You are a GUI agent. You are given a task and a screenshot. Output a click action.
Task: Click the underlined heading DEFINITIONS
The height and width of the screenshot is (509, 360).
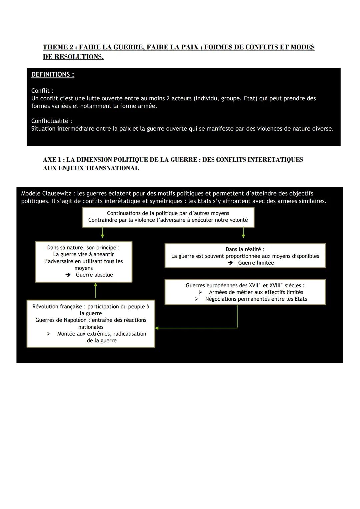(x=53, y=75)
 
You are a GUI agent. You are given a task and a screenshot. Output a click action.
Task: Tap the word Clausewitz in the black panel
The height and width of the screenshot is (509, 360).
(x=58, y=194)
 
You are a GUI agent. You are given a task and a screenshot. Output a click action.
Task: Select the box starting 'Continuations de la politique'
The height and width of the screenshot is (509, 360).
(x=168, y=217)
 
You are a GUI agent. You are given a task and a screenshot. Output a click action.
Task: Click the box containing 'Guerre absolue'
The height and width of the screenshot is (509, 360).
(x=83, y=262)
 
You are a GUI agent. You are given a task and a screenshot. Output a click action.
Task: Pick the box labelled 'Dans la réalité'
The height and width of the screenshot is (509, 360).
(x=245, y=256)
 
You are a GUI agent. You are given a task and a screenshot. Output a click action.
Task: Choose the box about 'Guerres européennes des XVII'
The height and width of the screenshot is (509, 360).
(x=245, y=292)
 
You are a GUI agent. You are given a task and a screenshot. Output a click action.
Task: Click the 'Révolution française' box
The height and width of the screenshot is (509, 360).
(x=91, y=324)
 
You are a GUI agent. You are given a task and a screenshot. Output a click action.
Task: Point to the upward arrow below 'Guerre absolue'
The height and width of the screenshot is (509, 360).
(x=96, y=290)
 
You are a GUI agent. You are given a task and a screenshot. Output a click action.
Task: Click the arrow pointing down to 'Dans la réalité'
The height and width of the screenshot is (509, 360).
(x=243, y=233)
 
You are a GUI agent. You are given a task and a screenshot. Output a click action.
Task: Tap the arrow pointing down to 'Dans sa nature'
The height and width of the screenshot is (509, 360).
(x=102, y=233)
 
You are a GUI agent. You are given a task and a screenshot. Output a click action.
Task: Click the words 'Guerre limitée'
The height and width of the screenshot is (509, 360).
(x=256, y=263)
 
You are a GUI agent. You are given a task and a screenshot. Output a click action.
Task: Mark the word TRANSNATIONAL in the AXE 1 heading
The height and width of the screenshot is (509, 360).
(x=112, y=168)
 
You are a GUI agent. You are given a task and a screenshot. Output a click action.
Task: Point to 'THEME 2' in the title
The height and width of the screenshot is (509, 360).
(x=58, y=47)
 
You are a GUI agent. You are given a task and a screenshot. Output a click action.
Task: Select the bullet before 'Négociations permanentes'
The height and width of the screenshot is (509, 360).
(x=197, y=299)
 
